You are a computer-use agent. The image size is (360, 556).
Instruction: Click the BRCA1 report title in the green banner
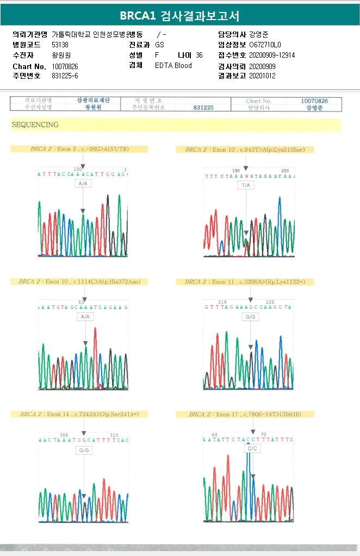point(179,16)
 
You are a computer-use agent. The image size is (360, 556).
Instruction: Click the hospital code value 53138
point(60,45)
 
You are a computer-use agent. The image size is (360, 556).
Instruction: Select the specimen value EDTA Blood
point(173,65)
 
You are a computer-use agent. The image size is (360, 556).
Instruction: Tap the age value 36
point(199,55)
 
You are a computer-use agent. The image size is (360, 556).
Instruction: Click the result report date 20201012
point(262,76)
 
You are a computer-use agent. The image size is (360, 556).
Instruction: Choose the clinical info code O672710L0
point(265,45)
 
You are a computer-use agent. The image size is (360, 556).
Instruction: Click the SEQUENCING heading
point(35,125)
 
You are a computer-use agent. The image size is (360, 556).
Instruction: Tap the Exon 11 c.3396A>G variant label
point(245,281)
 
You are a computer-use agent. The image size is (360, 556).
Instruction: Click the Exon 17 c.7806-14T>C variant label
point(245,414)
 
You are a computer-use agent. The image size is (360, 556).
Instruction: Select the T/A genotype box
point(246,186)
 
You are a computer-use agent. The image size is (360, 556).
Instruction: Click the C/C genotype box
point(252,449)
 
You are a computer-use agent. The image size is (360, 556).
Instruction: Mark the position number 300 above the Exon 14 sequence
point(64,435)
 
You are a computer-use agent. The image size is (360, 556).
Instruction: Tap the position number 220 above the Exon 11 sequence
point(270,302)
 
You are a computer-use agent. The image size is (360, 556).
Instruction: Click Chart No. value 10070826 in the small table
point(314,101)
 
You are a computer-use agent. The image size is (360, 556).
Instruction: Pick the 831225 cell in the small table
point(203,108)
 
